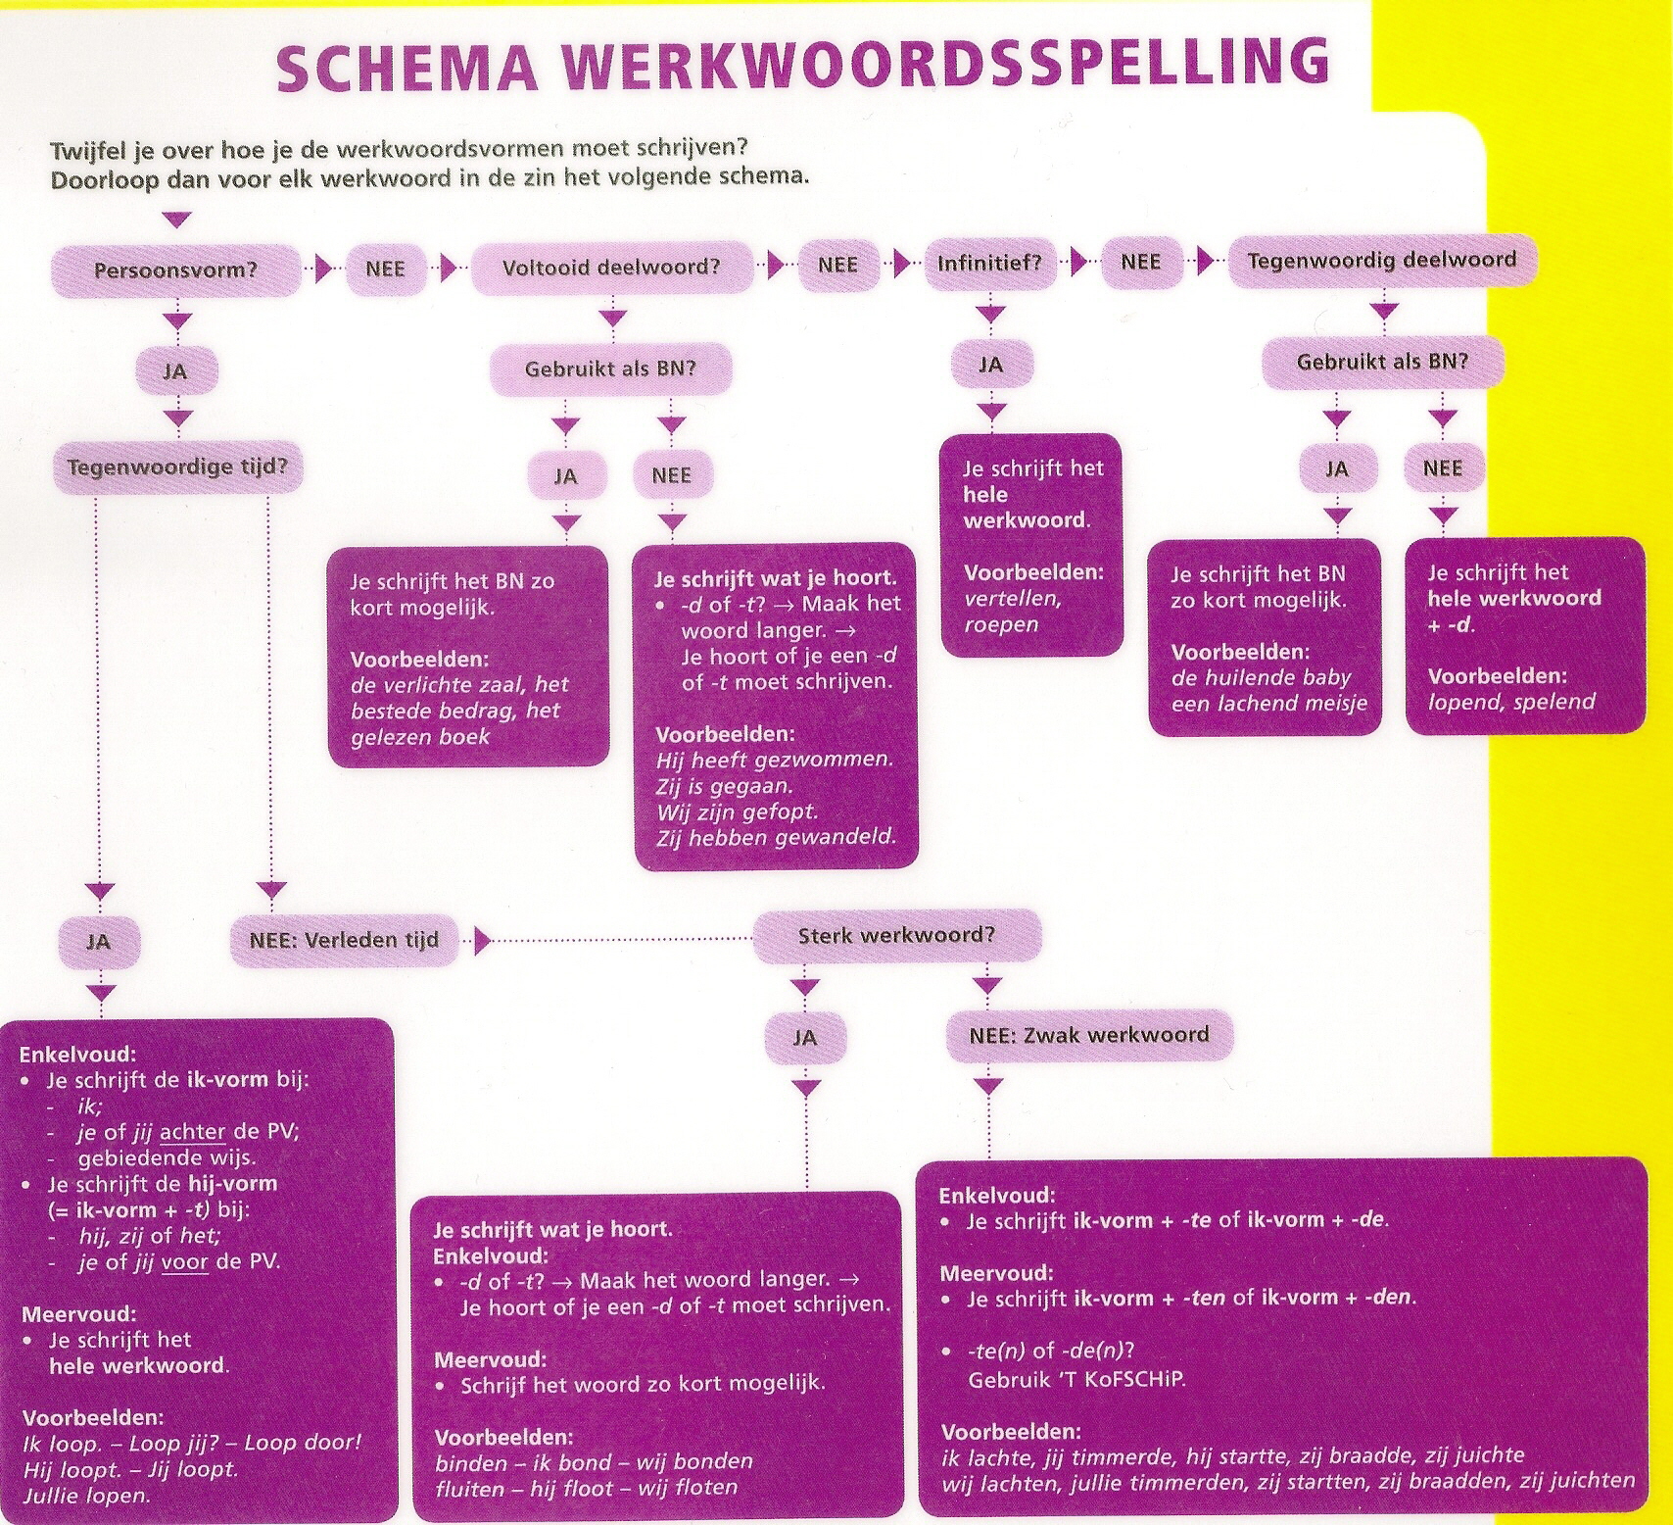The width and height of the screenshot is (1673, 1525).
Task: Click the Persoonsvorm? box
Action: click(x=176, y=271)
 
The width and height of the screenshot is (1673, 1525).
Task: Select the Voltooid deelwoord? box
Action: click(x=612, y=268)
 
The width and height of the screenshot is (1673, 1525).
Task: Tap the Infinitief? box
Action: click(x=990, y=263)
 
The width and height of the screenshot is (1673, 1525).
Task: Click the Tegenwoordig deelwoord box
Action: click(x=1382, y=260)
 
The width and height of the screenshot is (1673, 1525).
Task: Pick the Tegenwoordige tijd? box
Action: click(x=178, y=467)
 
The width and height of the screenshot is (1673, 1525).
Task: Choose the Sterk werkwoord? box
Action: click(x=896, y=936)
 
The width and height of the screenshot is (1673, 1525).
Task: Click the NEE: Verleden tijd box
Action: click(x=344, y=940)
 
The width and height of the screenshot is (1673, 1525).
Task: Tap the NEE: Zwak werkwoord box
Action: click(x=1089, y=1035)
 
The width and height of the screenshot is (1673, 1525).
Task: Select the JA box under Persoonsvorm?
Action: click(x=175, y=371)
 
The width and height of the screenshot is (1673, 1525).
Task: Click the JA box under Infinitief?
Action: click(x=991, y=366)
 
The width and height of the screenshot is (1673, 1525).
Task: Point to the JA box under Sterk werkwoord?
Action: click(x=805, y=1038)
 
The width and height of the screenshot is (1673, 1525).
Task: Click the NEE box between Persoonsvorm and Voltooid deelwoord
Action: click(x=386, y=269)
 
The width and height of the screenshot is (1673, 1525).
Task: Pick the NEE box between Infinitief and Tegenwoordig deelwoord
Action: click(x=1141, y=262)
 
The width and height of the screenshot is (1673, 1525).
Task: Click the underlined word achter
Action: click(x=192, y=1132)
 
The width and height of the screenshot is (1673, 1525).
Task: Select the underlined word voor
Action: click(x=185, y=1261)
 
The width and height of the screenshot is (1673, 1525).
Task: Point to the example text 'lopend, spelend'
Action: click(x=1511, y=702)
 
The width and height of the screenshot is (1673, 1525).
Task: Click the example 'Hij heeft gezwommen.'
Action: click(x=775, y=760)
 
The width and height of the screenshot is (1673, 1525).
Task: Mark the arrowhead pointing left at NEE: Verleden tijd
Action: click(x=481, y=941)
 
